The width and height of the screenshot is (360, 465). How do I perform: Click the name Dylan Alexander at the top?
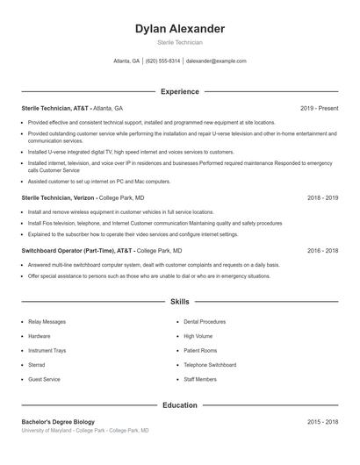pyautogui.click(x=180, y=29)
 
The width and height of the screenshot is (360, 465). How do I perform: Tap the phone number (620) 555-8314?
pyautogui.click(x=162, y=61)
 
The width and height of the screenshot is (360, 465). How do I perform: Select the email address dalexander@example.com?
pyautogui.click(x=216, y=61)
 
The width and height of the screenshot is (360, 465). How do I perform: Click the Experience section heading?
pyautogui.click(x=180, y=91)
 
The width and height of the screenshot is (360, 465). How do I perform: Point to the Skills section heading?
pyautogui.click(x=180, y=301)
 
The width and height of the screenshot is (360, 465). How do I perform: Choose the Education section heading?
pyautogui.click(x=180, y=405)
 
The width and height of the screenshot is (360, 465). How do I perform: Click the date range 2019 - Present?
pyautogui.click(x=319, y=108)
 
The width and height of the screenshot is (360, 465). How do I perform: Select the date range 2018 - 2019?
pyautogui.click(x=322, y=198)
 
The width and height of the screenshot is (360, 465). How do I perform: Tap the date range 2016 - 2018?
pyautogui.click(x=322, y=250)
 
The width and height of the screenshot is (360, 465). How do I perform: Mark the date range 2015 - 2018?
pyautogui.click(x=322, y=422)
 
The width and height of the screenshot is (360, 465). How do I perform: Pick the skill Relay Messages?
pyautogui.click(x=47, y=322)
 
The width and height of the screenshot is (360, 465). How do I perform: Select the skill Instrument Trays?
pyautogui.click(x=47, y=350)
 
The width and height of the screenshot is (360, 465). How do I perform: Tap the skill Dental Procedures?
pyautogui.click(x=205, y=322)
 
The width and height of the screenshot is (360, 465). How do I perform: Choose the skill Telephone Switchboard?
pyautogui.click(x=210, y=364)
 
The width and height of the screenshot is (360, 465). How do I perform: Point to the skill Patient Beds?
pyautogui.click(x=198, y=350)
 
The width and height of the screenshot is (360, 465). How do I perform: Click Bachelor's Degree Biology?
pyautogui.click(x=58, y=422)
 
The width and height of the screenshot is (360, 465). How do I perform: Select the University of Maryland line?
pyautogui.click(x=85, y=431)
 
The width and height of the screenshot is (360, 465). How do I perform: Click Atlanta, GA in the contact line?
pyautogui.click(x=126, y=61)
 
